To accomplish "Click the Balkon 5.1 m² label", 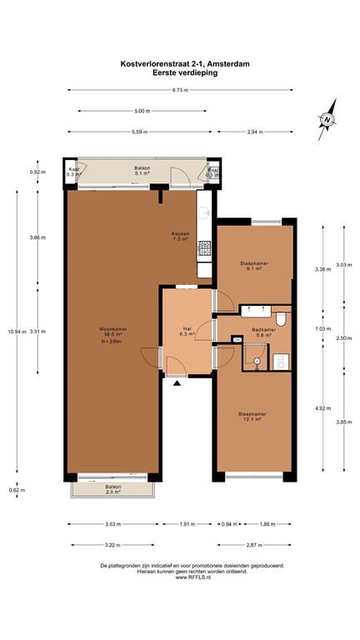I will coord(142,172).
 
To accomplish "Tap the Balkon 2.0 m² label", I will coord(113,489).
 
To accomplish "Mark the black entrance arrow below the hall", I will coord(177,383).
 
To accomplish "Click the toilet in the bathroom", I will coord(281,319).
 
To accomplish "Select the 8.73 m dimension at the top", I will coord(180,90).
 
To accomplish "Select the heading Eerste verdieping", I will coord(179,72).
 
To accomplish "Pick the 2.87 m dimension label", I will coord(254,544).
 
